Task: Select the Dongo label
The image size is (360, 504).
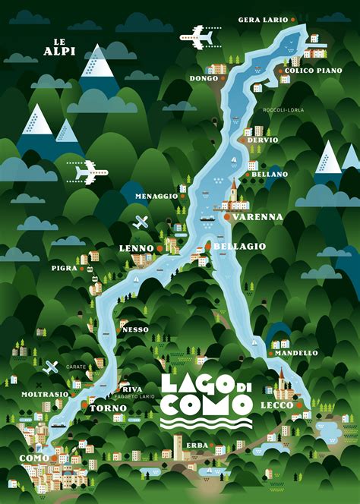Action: [204, 78]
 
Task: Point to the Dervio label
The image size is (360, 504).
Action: [263, 140]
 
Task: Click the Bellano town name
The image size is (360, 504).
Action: [270, 174]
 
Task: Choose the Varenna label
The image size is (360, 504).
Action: [257, 217]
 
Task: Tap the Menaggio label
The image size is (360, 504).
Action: [156, 196]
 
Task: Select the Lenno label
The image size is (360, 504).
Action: [137, 249]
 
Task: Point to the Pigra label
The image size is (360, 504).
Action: [64, 268]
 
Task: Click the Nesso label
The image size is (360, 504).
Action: [135, 329]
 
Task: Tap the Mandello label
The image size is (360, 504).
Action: [296, 353]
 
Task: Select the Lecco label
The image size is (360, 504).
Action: [276, 406]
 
